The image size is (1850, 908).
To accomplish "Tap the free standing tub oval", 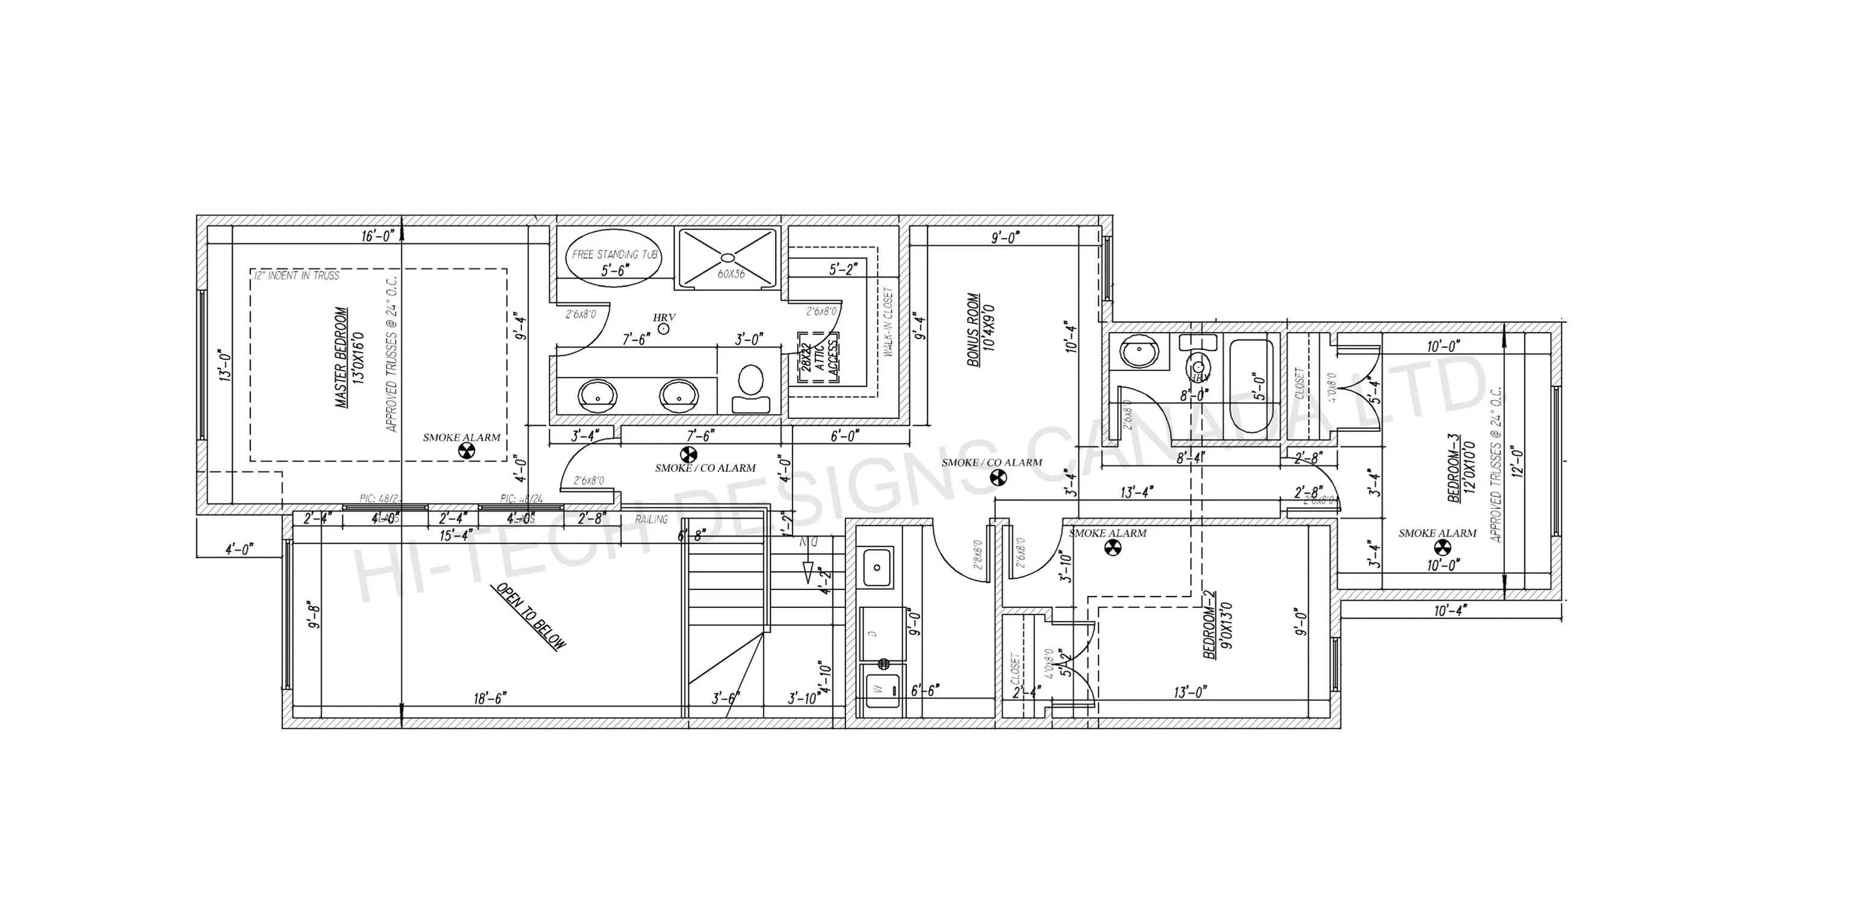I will click(615, 261).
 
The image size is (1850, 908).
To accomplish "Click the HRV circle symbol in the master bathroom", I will click(664, 328).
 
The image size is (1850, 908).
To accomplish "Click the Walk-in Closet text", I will click(888, 322).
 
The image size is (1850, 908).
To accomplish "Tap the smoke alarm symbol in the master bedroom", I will click(466, 451).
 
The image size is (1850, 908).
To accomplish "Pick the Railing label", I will click(650, 519).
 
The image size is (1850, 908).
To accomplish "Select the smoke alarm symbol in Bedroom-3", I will click(1442, 548).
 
